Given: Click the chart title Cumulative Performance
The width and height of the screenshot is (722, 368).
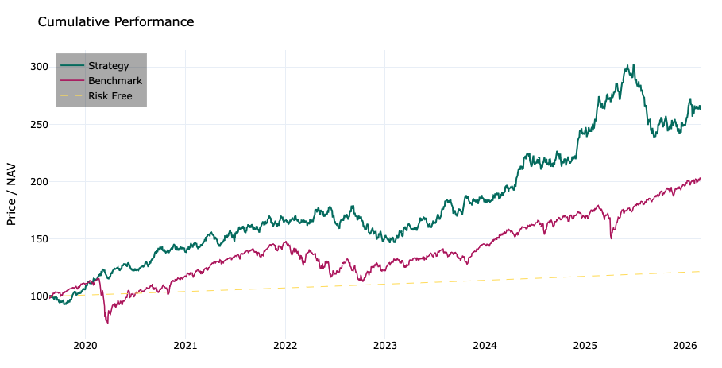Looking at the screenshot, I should tap(116, 22).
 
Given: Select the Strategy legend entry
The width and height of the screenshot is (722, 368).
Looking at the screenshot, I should tap(108, 66).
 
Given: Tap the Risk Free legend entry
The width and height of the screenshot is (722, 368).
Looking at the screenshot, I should tap(110, 96).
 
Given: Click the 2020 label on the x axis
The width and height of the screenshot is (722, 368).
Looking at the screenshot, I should tap(85, 346).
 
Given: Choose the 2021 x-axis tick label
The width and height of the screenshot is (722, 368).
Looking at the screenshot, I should tap(185, 346).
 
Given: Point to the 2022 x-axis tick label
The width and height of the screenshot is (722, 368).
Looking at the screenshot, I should tap(285, 346).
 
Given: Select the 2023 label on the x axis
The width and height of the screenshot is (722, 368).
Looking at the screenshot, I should tap(384, 346).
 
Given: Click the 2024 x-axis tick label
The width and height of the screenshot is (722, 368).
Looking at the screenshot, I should tap(485, 346).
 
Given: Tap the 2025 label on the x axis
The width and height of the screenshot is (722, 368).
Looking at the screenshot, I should tap(585, 346).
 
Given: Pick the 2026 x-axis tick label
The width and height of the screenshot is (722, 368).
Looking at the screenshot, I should tap(684, 346).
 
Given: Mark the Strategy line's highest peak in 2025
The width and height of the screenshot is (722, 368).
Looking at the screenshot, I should tap(632, 65).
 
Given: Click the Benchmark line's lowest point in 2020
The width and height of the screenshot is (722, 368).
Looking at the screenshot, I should tap(107, 323).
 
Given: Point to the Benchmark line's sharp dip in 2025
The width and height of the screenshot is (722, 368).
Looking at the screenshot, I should tap(611, 238).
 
